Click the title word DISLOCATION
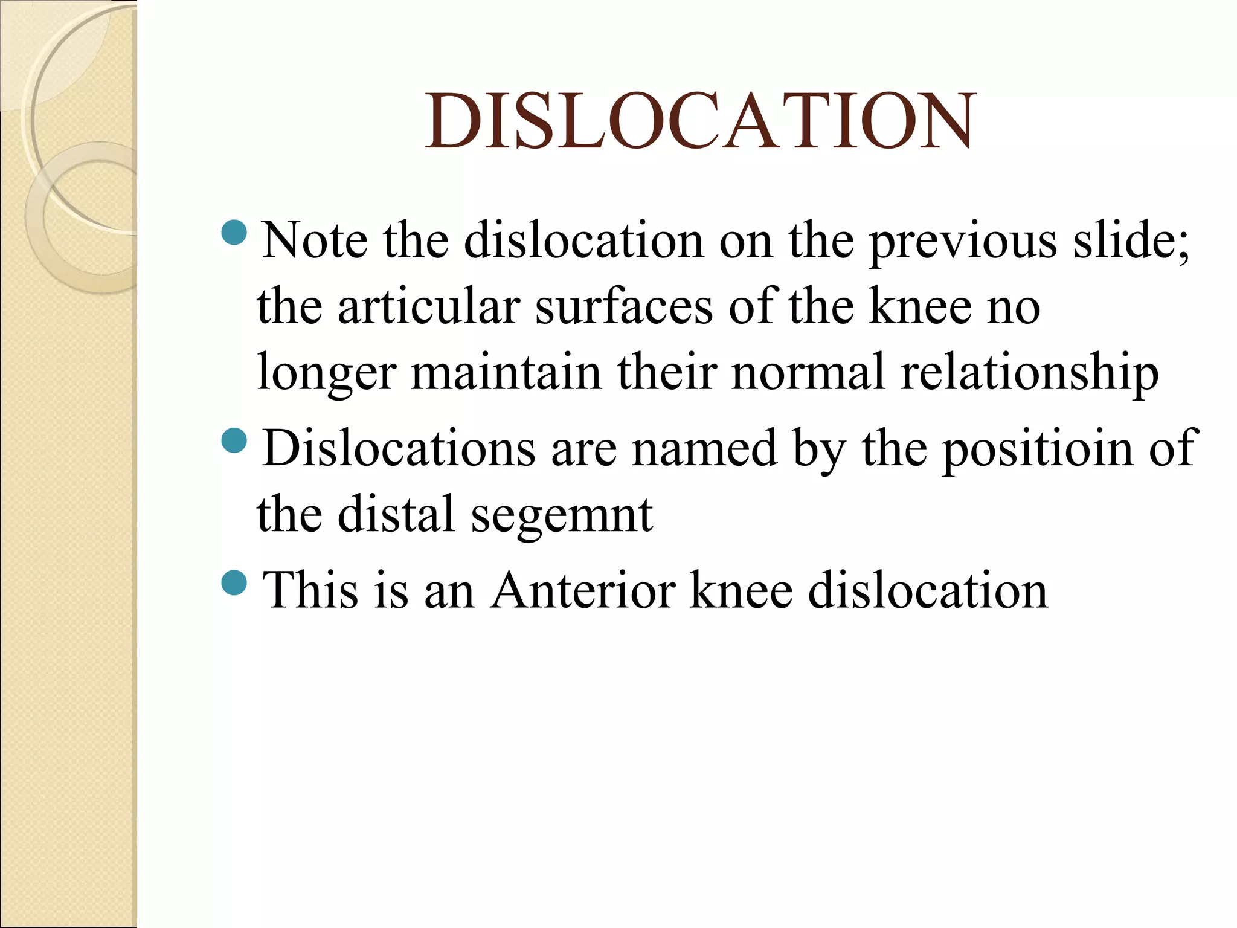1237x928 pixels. (701, 121)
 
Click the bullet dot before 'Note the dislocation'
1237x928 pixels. (234, 233)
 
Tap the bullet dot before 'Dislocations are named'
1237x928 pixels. (234, 440)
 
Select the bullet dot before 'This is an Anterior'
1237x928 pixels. (234, 582)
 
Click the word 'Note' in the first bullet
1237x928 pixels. (314, 241)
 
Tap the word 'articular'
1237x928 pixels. (428, 307)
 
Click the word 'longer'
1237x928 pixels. (326, 373)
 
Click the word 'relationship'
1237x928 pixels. (1029, 373)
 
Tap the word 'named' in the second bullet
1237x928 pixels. (704, 449)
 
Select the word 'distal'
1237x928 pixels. (396, 515)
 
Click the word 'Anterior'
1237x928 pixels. (583, 590)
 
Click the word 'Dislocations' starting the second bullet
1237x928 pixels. (399, 449)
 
